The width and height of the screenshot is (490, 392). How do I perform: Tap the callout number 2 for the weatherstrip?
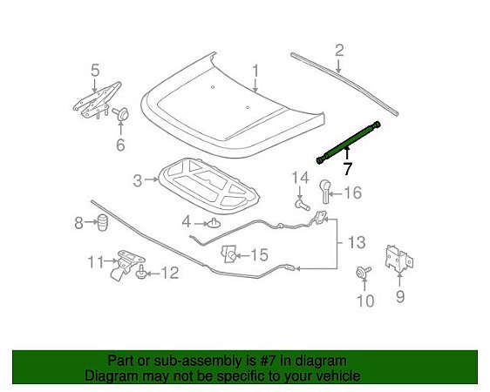point(339,50)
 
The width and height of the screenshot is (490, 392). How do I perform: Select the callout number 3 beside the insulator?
point(138,180)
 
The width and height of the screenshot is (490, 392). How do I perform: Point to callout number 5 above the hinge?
point(95,70)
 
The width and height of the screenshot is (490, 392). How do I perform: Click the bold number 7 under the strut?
point(347,169)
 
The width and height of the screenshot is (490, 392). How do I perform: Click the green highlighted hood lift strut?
point(348,142)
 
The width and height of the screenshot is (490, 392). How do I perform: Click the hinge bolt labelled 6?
point(120,113)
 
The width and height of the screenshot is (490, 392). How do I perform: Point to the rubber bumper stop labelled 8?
point(101,223)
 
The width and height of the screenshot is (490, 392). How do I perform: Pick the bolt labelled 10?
point(360,274)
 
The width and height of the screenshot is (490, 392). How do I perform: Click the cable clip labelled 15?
point(229,253)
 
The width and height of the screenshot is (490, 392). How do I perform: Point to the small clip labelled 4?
point(214,223)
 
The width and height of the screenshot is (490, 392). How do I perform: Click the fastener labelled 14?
point(303,205)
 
